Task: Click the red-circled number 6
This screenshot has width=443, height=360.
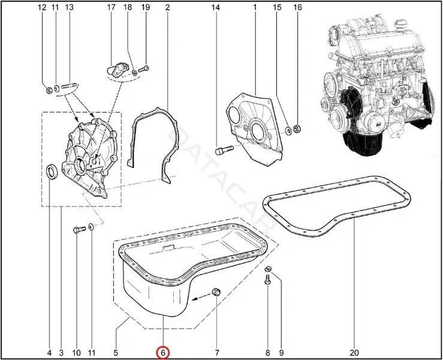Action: [x=163, y=353]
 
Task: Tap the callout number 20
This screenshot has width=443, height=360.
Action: [x=354, y=353]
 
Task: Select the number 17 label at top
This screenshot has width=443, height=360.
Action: [x=111, y=7]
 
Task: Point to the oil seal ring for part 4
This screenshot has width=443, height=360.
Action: [x=52, y=171]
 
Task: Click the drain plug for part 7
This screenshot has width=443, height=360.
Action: [x=216, y=292]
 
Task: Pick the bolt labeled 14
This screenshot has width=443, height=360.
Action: [x=224, y=149]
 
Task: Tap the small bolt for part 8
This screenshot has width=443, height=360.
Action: [x=267, y=280]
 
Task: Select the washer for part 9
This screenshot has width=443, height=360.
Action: [x=269, y=268]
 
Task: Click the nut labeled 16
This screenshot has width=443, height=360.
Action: [x=297, y=128]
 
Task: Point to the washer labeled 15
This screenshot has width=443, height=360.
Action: [x=288, y=130]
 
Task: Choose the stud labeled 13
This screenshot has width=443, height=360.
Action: [x=68, y=85]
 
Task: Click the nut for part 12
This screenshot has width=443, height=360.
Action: [x=49, y=90]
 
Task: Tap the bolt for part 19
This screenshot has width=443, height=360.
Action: [x=143, y=69]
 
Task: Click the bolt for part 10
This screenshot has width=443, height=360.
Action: [x=79, y=229]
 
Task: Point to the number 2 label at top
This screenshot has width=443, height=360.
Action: [x=167, y=7]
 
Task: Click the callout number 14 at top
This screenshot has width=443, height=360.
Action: [x=215, y=7]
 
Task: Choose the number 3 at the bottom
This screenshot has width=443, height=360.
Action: [x=61, y=353]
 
